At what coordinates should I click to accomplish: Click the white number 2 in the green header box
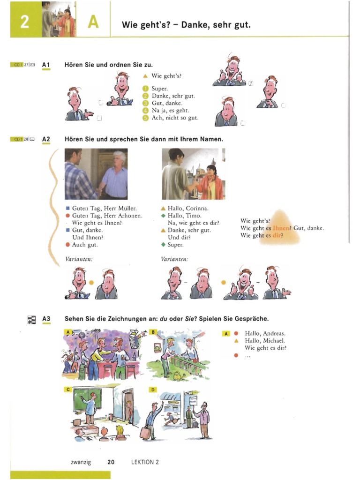24,21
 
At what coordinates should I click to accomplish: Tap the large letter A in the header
93,22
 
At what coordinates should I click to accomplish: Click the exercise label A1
45,65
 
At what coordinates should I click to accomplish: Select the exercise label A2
45,139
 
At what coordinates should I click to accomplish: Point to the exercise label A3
45,319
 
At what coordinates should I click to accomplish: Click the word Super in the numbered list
159,88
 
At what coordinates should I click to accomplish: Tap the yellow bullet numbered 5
146,118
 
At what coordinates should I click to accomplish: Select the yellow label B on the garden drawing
153,332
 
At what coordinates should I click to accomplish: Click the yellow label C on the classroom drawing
68,390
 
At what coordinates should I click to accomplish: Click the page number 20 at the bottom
111,462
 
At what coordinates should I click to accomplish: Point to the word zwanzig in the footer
81,462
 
